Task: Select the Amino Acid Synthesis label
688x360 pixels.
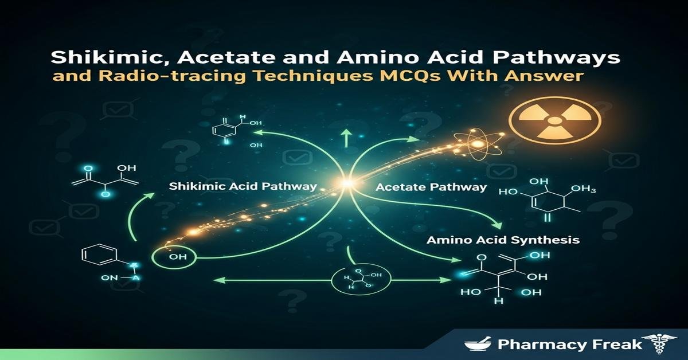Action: pyautogui.click(x=503, y=240)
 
